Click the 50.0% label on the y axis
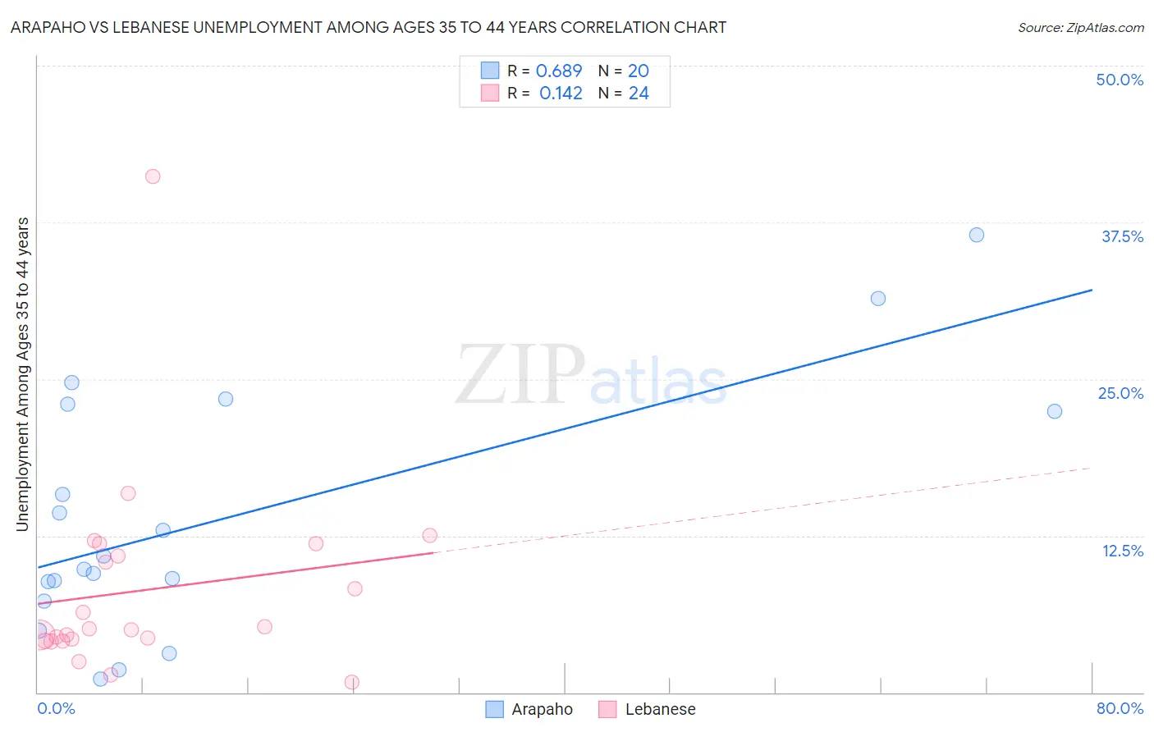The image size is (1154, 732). click(1120, 80)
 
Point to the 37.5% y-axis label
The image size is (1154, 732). click(1122, 236)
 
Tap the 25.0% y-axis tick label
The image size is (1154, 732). click(1120, 393)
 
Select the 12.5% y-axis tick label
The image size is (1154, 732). click(1122, 551)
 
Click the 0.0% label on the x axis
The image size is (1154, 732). click(56, 708)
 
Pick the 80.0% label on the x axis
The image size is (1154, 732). click(1120, 708)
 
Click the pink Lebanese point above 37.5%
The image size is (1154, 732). click(153, 176)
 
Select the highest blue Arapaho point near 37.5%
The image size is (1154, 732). click(977, 235)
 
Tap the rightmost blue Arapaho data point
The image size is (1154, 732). click(1055, 411)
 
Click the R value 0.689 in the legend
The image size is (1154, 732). click(559, 71)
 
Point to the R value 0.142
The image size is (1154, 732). click(561, 94)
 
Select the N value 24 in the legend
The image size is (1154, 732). click(639, 94)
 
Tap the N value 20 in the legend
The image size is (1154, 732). click(639, 71)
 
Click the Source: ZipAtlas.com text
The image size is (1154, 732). click(1080, 28)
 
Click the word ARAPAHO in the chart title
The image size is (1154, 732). click(48, 28)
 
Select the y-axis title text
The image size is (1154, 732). click(23, 374)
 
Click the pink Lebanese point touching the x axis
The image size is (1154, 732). click(352, 682)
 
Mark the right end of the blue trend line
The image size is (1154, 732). click(1092, 290)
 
